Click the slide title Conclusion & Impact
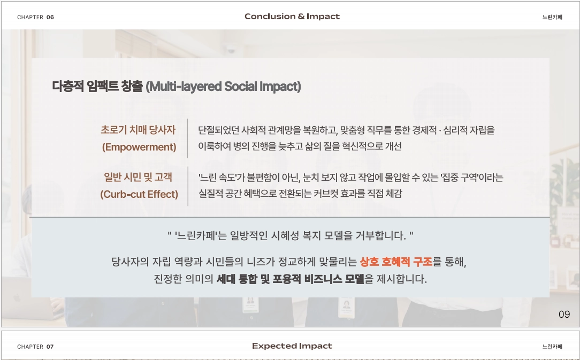tap(292, 16)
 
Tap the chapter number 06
tap(50, 17)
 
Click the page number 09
tap(564, 315)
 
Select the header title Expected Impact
tap(292, 346)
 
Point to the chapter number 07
tap(50, 347)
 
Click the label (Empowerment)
tap(139, 147)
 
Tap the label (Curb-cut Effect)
tap(139, 194)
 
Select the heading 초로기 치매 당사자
tap(138, 130)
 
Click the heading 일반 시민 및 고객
tap(138, 177)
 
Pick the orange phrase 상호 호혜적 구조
tap(396, 262)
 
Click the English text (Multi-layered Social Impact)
tap(223, 87)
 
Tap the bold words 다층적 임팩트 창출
tap(97, 86)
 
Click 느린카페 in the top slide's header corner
tap(552, 17)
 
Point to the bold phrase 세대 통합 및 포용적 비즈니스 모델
tap(291, 279)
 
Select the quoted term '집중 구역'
tap(460, 178)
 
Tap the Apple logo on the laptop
tap(16, 298)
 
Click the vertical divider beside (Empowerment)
tap(188, 139)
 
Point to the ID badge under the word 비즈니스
tap(347, 307)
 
